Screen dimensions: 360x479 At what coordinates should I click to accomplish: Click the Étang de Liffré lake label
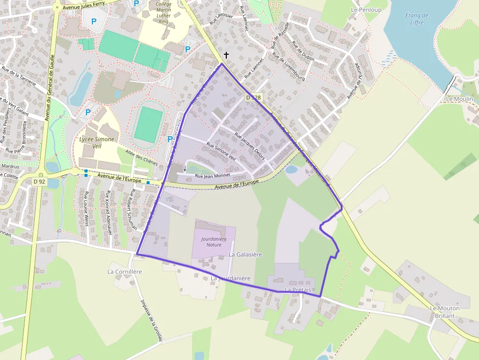click(x=416, y=19)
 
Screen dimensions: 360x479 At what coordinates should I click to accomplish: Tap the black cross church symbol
click(x=226, y=56)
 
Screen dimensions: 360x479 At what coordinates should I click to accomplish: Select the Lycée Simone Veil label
click(x=97, y=143)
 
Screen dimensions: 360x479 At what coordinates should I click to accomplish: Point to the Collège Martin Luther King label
click(x=163, y=13)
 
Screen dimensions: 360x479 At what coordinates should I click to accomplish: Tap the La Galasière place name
click(x=245, y=254)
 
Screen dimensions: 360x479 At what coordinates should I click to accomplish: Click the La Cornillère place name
click(x=125, y=271)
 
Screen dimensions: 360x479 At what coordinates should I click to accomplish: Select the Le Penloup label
click(x=366, y=10)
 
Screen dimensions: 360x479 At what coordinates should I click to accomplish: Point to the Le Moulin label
click(x=459, y=99)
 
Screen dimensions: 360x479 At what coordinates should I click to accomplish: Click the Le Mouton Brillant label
click(x=442, y=312)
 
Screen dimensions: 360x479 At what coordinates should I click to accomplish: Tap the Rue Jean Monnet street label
click(x=212, y=175)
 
